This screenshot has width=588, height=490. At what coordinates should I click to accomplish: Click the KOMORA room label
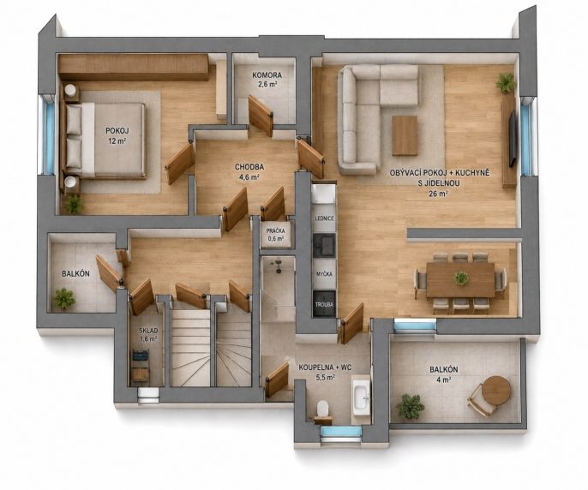click(x=267, y=75)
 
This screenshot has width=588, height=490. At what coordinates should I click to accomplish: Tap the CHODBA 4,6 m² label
click(x=249, y=171)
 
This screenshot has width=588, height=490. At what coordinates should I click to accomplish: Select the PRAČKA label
click(x=276, y=231)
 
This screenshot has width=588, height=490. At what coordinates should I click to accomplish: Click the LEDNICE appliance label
click(x=324, y=218)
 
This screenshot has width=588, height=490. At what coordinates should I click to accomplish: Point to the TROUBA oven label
click(x=324, y=305)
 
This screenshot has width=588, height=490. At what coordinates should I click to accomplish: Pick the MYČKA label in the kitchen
click(x=324, y=274)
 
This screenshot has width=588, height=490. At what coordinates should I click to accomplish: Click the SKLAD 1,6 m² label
click(x=148, y=334)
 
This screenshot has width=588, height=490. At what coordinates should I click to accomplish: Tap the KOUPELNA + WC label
click(x=325, y=367)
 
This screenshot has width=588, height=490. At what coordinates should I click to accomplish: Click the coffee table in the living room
click(x=405, y=135)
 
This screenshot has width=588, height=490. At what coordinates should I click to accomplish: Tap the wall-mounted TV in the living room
click(x=513, y=139)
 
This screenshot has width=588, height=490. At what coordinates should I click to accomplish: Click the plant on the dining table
click(x=461, y=278)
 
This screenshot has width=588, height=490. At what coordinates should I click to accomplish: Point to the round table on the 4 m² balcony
click(x=496, y=391)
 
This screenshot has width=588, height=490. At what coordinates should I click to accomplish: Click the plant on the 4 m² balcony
click(x=411, y=406)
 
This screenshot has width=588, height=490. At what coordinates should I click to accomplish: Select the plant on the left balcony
click(x=64, y=298)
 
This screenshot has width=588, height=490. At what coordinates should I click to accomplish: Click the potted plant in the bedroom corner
click(x=74, y=205)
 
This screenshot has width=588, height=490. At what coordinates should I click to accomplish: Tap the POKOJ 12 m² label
click(x=116, y=135)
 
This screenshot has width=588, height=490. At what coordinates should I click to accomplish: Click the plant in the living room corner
click(x=506, y=82)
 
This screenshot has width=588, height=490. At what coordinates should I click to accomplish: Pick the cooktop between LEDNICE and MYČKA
click(x=324, y=245)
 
